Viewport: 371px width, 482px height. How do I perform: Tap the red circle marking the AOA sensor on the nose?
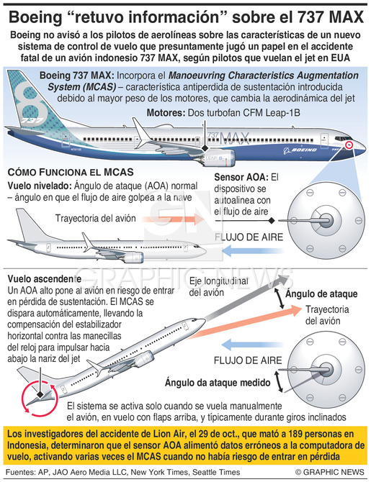[x=349, y=145]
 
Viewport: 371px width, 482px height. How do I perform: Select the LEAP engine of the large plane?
[x=217, y=158]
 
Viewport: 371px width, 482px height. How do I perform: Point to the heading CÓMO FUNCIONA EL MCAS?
[x=71, y=172]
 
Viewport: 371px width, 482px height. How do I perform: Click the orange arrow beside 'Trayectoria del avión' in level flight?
[x=173, y=219]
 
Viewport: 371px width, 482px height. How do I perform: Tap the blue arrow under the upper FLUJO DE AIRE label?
[x=252, y=251]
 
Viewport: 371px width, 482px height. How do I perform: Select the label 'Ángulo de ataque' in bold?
[x=321, y=294]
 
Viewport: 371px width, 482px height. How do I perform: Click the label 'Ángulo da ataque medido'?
[x=218, y=383]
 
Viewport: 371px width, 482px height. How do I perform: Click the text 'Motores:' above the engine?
[x=166, y=112]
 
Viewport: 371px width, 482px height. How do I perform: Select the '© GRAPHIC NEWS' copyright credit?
[x=329, y=472]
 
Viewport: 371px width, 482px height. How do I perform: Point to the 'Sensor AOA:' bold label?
[x=241, y=177]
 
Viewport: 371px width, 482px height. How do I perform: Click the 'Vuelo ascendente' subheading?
[x=45, y=279]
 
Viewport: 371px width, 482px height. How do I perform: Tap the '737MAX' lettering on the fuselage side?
[x=228, y=137]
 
